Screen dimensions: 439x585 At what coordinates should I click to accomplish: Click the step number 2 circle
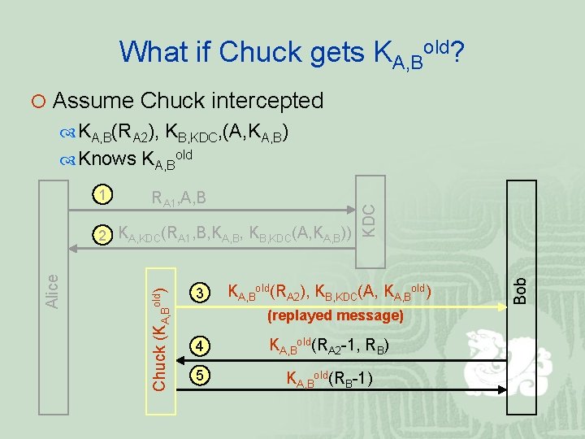pos(101,235)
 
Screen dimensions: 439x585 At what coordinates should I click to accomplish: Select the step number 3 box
pos(201,291)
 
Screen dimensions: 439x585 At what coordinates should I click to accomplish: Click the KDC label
pos(368,220)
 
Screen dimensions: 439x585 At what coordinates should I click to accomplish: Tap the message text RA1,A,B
pos(178,197)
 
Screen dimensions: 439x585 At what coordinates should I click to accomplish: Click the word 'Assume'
pos(93,101)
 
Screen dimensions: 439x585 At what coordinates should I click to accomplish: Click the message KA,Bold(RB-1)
pos(329,377)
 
